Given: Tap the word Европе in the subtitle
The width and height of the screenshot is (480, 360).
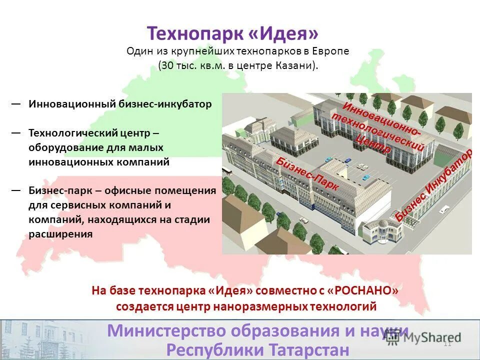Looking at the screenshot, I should [x=331, y=51].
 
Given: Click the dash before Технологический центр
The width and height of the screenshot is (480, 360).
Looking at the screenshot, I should [x=16, y=133].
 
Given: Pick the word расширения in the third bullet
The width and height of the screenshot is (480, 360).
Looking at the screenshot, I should [x=60, y=234].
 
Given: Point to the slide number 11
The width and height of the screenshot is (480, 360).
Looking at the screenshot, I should [x=447, y=343].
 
